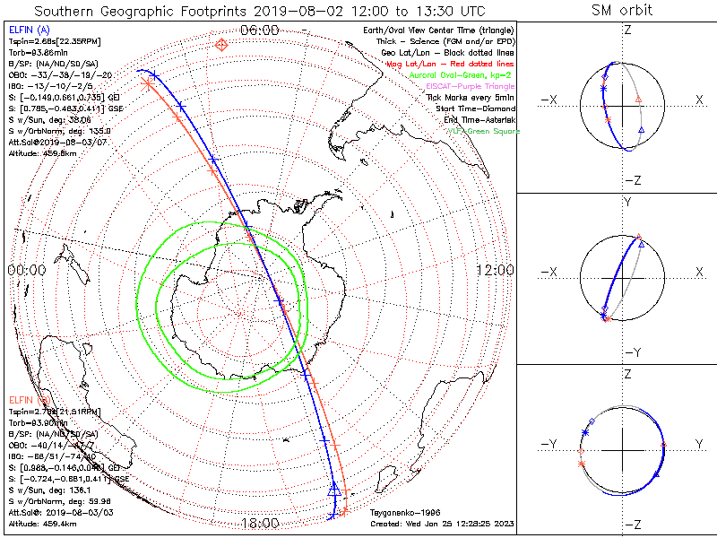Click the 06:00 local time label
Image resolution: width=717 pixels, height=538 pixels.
260,30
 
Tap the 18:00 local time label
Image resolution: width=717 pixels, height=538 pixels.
260,523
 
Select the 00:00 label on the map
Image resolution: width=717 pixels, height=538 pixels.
26,270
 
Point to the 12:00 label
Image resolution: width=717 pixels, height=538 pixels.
494,270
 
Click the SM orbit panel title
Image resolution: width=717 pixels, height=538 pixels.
621,11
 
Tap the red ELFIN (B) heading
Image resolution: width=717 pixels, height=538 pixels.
30,398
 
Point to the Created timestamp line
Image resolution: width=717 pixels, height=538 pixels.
441,523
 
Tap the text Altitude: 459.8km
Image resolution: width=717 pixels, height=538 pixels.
43,154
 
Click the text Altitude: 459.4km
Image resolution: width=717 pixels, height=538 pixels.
43,521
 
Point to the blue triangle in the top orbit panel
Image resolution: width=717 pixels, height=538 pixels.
640,131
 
